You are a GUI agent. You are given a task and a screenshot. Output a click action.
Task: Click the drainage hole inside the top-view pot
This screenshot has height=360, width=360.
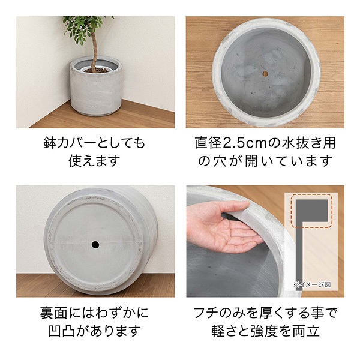point(265,74)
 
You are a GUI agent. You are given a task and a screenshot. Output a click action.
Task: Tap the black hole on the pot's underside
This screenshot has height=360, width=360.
point(95,245)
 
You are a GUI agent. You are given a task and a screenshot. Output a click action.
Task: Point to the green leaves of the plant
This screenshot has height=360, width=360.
point(85,29)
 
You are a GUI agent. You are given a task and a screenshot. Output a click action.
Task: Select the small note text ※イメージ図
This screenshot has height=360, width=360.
point(312,284)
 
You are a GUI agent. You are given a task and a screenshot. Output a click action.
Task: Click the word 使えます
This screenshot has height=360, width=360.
point(95,161)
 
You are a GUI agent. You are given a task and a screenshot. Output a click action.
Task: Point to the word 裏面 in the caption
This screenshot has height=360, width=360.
point(53,313)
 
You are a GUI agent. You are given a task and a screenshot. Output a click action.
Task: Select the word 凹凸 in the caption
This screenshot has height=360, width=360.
point(62,331)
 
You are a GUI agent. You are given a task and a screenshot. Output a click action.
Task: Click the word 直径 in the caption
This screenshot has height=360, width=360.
point(209,143)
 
